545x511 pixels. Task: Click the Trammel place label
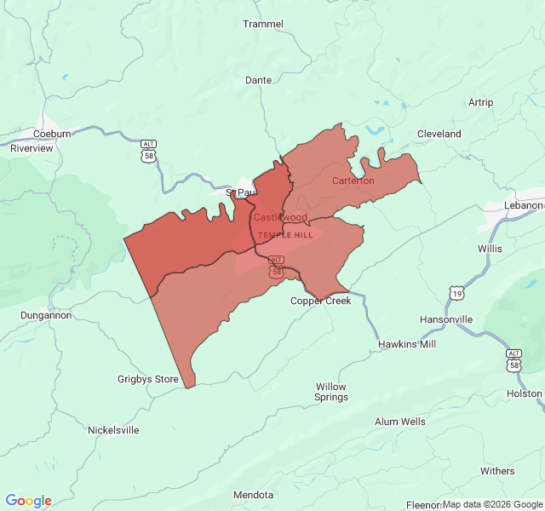263,24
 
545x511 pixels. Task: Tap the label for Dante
258,80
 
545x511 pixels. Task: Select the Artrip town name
480,102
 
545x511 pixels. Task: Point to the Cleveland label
439,134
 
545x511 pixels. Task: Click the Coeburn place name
52,134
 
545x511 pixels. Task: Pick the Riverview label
32,148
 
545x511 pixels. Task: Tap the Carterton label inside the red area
353,181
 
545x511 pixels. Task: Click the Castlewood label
280,218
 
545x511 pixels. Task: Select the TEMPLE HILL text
285,234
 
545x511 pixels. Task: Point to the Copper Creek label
320,301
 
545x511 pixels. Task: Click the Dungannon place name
46,315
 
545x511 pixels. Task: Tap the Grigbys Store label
148,379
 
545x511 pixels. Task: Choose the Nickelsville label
113,430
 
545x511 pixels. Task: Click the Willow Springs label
331,392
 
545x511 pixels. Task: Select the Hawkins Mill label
407,344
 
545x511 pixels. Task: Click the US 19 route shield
457,293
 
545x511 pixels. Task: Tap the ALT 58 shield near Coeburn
149,152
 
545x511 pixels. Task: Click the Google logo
28,501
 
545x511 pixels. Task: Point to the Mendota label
254,495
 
